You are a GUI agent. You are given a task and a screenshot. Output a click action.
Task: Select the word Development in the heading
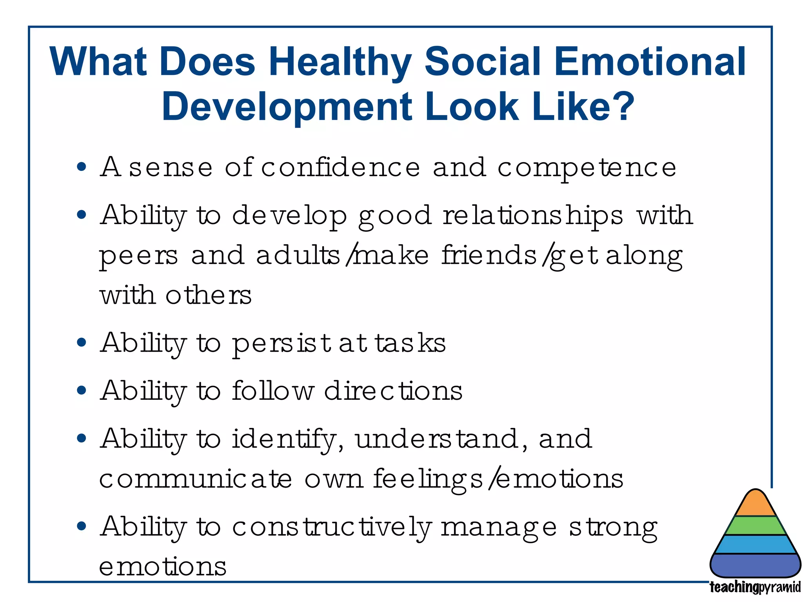point(287,107)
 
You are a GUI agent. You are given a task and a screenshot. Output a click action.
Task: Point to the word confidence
point(340,167)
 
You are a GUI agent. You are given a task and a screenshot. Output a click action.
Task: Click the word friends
point(489,255)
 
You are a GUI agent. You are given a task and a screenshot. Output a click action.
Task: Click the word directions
point(393,391)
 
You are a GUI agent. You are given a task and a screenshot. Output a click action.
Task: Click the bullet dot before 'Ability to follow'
point(82,391)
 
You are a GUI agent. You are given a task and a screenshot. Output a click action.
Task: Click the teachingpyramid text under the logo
point(755,587)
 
